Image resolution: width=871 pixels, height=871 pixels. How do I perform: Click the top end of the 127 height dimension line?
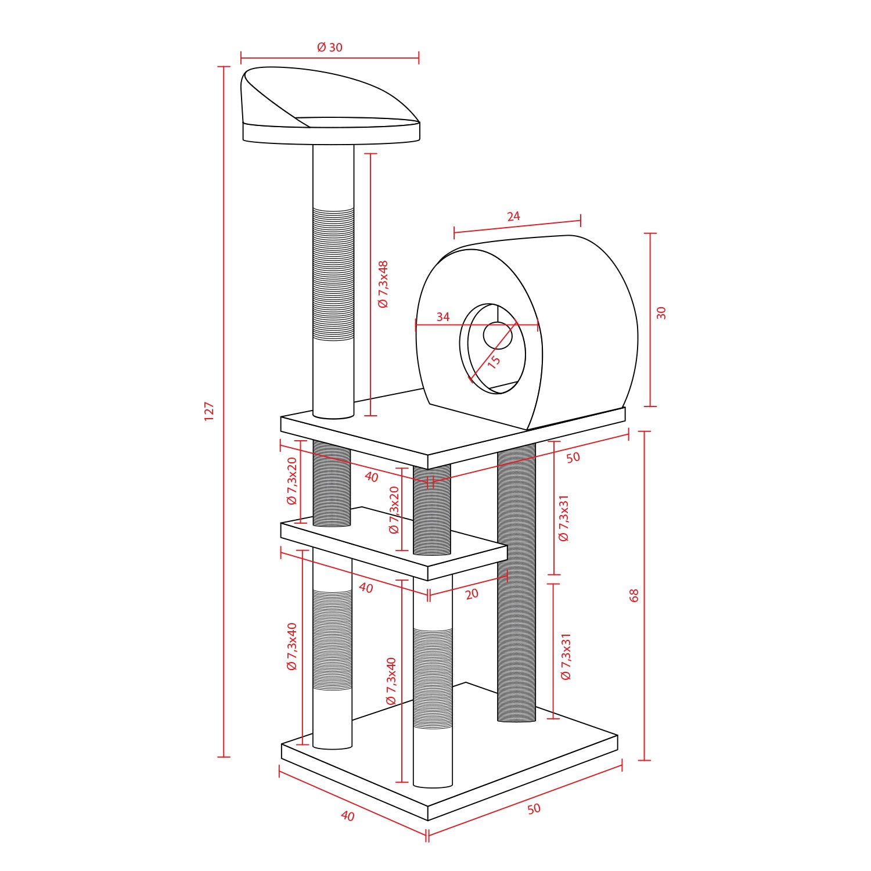pyautogui.click(x=224, y=67)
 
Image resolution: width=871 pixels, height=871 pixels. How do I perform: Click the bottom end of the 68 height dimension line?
pyautogui.click(x=644, y=760)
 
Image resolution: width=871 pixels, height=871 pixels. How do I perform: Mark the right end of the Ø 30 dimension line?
pyautogui.click(x=419, y=58)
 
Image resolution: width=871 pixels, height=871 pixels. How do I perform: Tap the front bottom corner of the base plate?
pyautogui.click(x=428, y=820)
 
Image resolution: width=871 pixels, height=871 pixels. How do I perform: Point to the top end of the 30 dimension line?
pyautogui.click(x=650, y=233)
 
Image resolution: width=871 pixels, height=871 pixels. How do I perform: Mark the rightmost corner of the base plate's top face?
pyautogui.click(x=618, y=736)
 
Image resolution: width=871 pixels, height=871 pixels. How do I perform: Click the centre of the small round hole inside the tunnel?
pyautogui.click(x=498, y=336)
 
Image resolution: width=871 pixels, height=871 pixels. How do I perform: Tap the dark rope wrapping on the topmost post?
pyautogui.click(x=333, y=274)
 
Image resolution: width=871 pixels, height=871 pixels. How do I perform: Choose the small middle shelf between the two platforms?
pyautogui.click(x=394, y=544)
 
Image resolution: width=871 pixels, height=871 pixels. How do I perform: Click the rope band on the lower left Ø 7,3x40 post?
pyautogui.click(x=332, y=640)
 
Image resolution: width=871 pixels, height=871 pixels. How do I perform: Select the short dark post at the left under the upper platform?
pyautogui.click(x=332, y=484)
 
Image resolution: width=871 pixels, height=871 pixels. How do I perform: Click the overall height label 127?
pyautogui.click(x=210, y=411)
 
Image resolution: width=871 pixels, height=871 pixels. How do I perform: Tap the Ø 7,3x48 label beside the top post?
pyautogui.click(x=383, y=284)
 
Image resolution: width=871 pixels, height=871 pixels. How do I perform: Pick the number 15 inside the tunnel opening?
pyautogui.click(x=494, y=362)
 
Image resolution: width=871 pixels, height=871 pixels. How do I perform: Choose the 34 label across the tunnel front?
pyautogui.click(x=443, y=317)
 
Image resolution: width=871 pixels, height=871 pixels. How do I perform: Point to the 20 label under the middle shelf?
pyautogui.click(x=472, y=594)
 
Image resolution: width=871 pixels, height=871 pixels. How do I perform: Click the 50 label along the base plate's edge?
pyautogui.click(x=534, y=809)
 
